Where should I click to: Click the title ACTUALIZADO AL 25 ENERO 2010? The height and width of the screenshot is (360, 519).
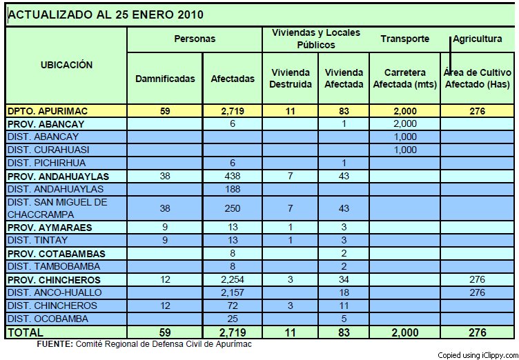(x=106, y=14)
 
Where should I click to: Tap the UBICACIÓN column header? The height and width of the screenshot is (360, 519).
(x=66, y=65)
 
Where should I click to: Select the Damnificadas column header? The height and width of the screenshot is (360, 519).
(x=165, y=79)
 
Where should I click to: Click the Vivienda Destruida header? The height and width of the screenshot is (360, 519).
(x=291, y=79)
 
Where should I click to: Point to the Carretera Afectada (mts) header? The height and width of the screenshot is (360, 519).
(x=405, y=79)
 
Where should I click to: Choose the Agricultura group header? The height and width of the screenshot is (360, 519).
(x=478, y=39)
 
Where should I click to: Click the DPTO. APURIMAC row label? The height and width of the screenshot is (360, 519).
(x=48, y=111)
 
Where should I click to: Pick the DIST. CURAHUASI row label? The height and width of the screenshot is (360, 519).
(x=48, y=150)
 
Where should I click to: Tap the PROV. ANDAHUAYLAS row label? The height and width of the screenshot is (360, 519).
(x=58, y=177)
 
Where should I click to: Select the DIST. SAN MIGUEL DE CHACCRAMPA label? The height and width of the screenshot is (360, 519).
(x=57, y=208)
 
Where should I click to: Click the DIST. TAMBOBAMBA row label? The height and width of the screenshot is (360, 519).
(x=54, y=266)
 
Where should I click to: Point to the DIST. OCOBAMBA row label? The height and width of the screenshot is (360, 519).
(x=48, y=319)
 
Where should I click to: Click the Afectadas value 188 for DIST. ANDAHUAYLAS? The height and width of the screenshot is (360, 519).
(x=233, y=189)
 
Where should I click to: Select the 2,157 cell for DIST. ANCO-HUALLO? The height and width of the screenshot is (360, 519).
(x=233, y=292)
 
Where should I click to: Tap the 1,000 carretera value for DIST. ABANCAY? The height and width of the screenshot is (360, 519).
(x=405, y=137)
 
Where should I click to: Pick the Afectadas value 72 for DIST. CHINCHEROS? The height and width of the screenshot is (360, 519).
(x=233, y=306)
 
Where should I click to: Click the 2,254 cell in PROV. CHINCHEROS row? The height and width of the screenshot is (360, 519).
(x=233, y=279)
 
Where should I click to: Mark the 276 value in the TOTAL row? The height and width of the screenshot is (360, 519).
(x=478, y=332)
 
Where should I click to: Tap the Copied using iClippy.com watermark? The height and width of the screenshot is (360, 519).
(x=478, y=356)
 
